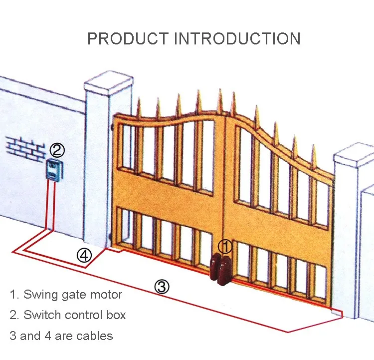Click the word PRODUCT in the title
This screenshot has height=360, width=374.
coord(128,38)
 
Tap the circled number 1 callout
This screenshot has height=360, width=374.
coord(225,246)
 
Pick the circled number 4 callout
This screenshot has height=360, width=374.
coord(84,255)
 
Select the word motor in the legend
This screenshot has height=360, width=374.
coord(105,295)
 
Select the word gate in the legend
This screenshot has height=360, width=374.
coord(73,295)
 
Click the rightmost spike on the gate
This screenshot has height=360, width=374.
coord(314,154)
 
